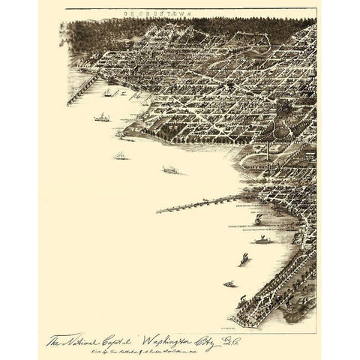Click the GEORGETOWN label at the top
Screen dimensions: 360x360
(190, 13)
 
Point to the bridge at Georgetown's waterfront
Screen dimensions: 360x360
(82, 89)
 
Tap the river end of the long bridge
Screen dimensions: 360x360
(160, 211)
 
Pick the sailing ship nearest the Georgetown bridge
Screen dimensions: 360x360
(109, 92)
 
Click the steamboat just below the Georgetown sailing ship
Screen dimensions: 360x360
(101, 118)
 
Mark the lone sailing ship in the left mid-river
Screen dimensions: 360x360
(119, 155)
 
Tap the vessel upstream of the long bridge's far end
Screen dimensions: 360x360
(170, 170)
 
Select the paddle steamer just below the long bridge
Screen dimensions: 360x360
(262, 240)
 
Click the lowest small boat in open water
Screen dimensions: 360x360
(229, 284)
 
